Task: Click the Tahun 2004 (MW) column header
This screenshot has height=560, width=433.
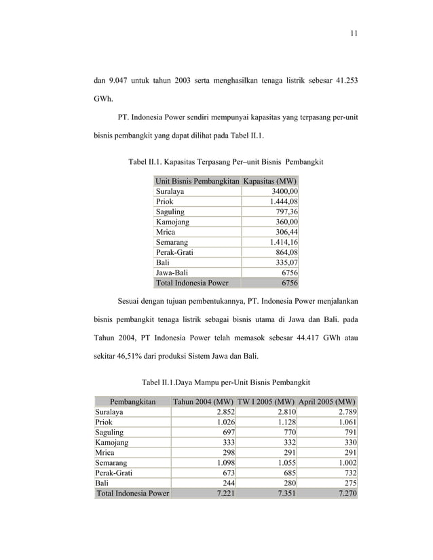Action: pyautogui.click(x=204, y=401)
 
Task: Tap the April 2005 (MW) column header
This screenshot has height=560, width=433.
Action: pyautogui.click(x=327, y=401)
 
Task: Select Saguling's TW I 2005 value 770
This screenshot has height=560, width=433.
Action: pyautogui.click(x=287, y=432)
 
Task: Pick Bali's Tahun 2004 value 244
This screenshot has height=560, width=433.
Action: pyautogui.click(x=228, y=483)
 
